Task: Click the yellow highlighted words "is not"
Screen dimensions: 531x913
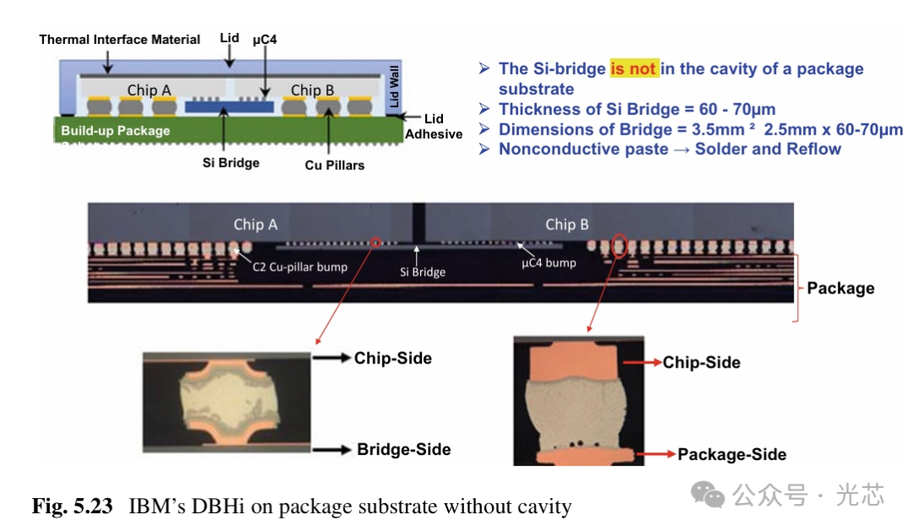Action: coord(633,68)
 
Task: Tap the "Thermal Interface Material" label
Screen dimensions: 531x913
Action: coord(120,40)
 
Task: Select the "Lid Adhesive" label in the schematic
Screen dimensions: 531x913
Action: coord(434,126)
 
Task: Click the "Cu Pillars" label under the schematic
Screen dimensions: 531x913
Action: coord(335,165)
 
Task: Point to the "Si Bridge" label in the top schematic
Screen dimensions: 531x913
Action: coord(231,162)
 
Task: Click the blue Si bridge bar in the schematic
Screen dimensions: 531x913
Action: coord(229,107)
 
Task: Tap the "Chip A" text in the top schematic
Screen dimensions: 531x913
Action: coord(150,90)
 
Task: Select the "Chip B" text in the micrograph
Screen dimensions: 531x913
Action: coord(566,224)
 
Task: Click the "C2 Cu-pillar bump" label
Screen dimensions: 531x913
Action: coord(300,267)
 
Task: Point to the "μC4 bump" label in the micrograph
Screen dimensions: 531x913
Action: coord(549,262)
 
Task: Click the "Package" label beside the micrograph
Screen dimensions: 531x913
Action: coord(840,287)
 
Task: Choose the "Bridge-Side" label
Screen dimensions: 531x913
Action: coord(403,449)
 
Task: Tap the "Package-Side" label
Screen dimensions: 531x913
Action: coord(731,454)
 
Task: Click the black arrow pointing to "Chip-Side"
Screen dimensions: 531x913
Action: coord(332,359)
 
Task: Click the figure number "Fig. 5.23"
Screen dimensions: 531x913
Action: coord(72,506)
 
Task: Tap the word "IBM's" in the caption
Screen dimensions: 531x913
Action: coord(154,506)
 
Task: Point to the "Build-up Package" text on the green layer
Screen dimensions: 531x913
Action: coord(115,131)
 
